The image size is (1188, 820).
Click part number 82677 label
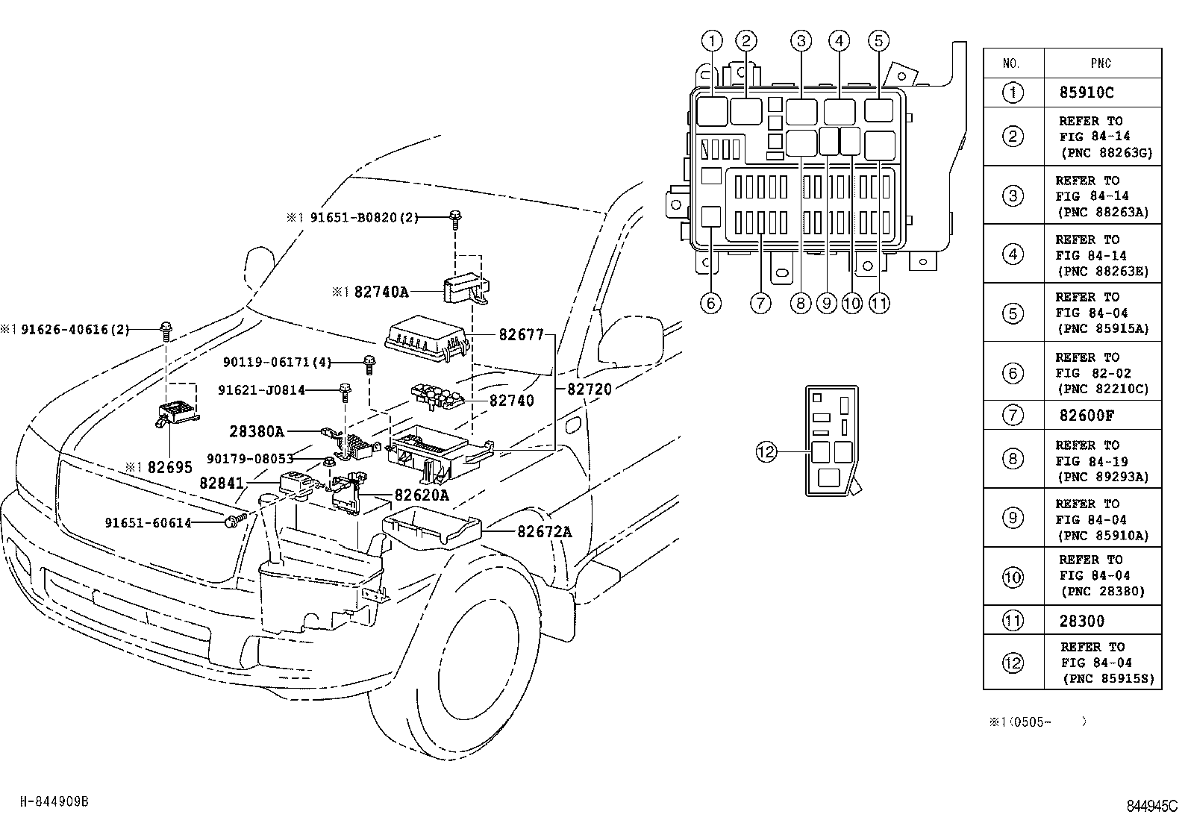click(x=521, y=335)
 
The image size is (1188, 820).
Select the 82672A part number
click(x=544, y=531)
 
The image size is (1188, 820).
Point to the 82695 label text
click(x=169, y=467)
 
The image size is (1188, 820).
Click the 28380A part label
click(x=257, y=431)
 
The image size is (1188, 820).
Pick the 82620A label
click(x=422, y=495)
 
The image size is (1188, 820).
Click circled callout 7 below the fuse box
click(x=760, y=303)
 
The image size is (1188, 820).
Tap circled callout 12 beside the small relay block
click(x=766, y=451)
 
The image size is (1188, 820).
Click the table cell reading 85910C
click(x=1086, y=93)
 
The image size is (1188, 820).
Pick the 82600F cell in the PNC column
click(x=1086, y=415)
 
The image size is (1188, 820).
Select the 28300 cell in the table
click(x=1081, y=620)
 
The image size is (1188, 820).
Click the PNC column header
click(x=1101, y=63)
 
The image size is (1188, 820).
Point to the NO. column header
click(x=1012, y=63)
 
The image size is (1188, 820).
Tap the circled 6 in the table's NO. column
click(x=1013, y=372)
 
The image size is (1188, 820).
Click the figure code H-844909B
click(x=54, y=801)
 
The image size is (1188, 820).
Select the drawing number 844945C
click(x=1151, y=806)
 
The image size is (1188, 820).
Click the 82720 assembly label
click(x=589, y=389)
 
